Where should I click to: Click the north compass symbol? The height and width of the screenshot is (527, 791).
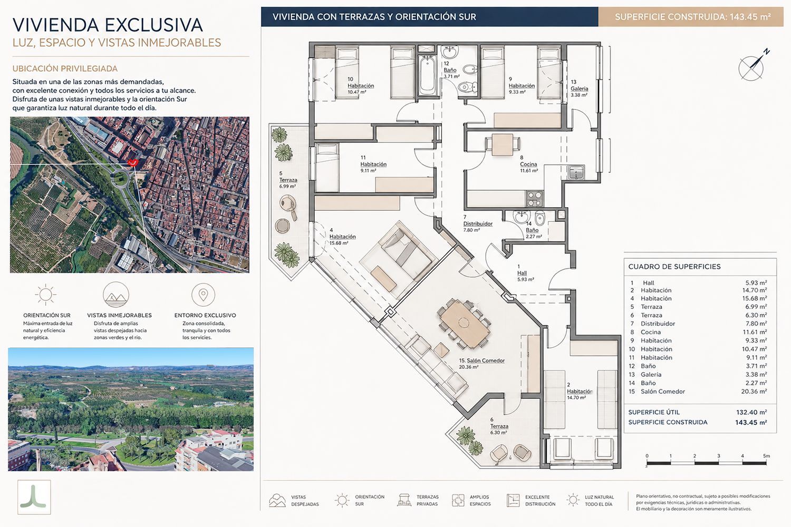[751, 67]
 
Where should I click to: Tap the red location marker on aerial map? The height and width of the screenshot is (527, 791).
[133, 162]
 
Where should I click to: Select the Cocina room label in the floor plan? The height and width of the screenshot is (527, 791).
[528, 164]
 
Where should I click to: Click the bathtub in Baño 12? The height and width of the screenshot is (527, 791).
[427, 75]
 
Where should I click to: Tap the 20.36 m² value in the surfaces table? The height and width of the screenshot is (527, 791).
[754, 392]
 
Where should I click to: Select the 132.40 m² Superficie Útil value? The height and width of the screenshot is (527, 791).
[751, 412]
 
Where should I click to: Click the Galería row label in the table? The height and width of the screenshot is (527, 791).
[651, 375]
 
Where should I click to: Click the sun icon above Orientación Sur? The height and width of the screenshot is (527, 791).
[45, 295]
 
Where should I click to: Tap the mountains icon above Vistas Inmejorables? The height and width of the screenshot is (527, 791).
[116, 295]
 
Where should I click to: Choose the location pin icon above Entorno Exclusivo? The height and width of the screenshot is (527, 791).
[203, 295]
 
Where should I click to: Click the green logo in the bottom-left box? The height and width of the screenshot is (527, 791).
[34, 496]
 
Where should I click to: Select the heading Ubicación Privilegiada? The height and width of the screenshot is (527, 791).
[65, 69]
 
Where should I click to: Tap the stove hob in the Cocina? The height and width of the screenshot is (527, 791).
[534, 198]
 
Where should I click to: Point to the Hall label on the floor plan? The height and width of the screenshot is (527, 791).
[522, 273]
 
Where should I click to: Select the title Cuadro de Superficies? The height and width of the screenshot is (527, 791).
[674, 267]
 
